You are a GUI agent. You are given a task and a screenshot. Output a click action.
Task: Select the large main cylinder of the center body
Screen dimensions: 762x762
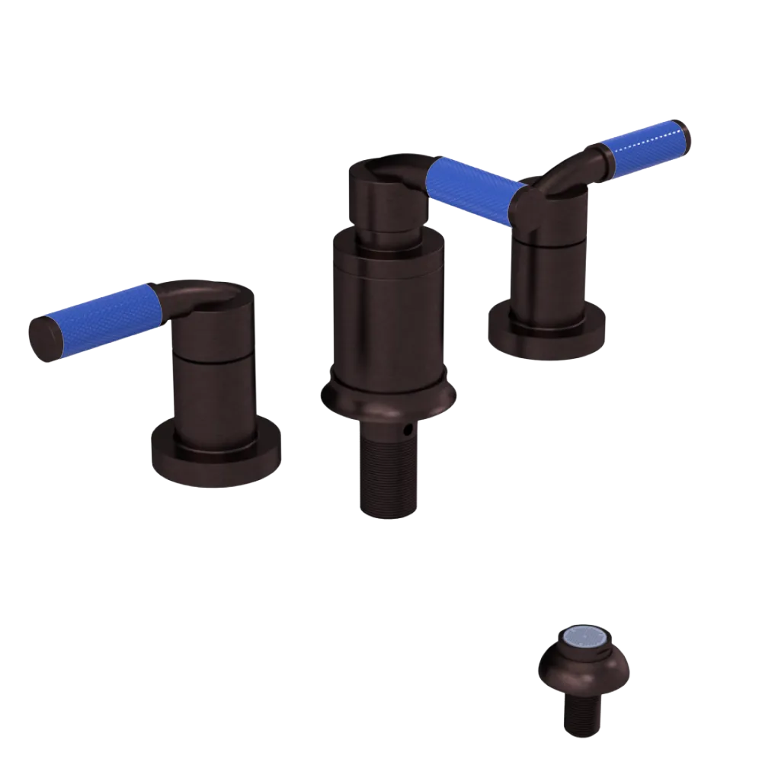point(389,312)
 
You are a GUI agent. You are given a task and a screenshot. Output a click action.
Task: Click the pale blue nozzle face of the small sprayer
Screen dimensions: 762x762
point(584,639)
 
